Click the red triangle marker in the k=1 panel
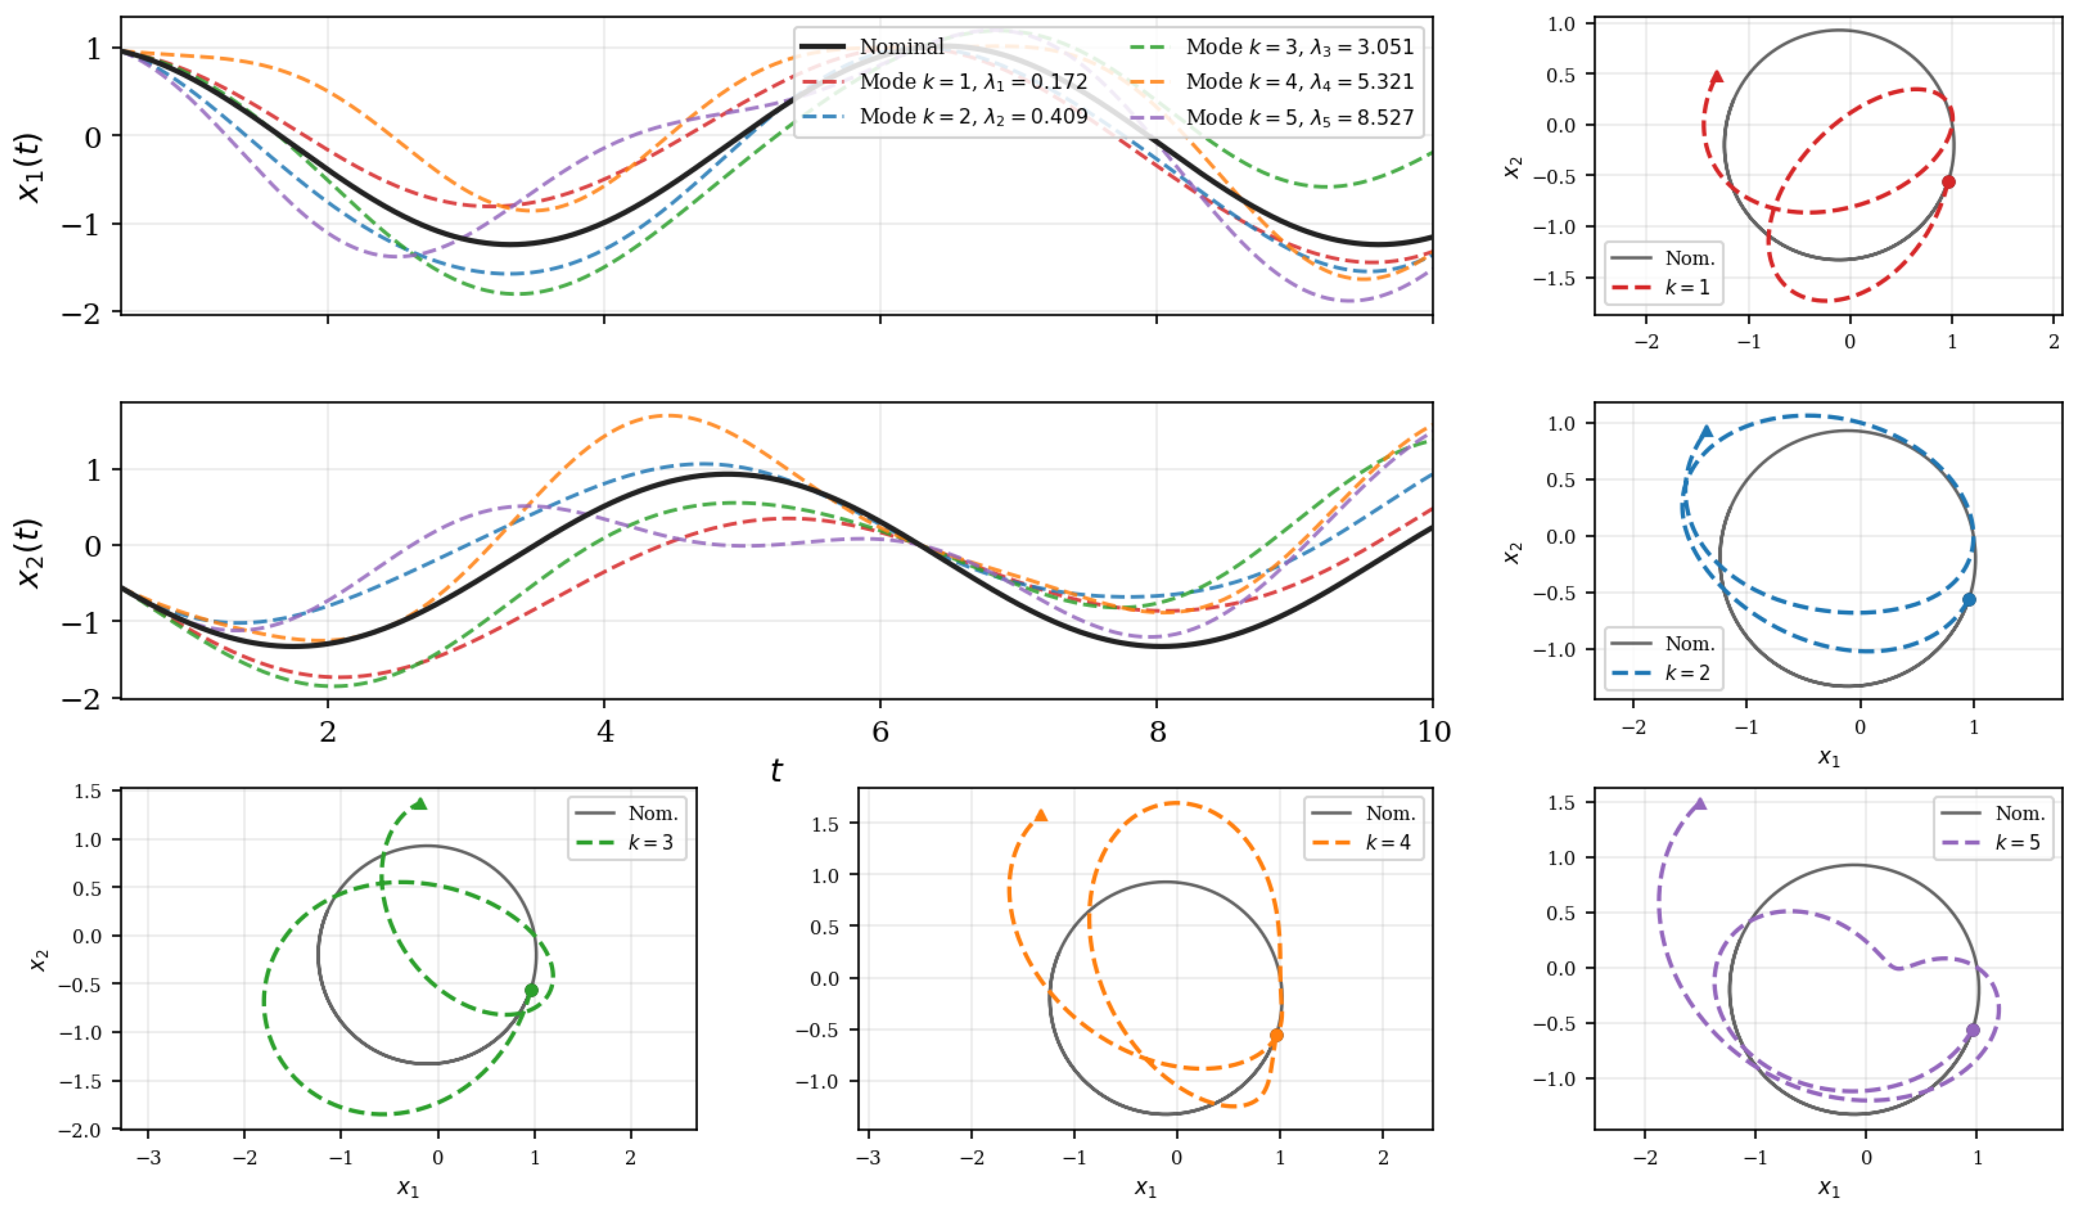pos(1717,77)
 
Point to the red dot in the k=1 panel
pos(1948,182)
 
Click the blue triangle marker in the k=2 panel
pos(1706,431)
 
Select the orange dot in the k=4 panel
pos(1276,1035)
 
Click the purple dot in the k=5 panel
pos(1973,1029)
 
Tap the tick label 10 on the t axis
pos(1433,731)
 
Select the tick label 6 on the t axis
pos(881,731)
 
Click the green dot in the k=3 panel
pos(531,990)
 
